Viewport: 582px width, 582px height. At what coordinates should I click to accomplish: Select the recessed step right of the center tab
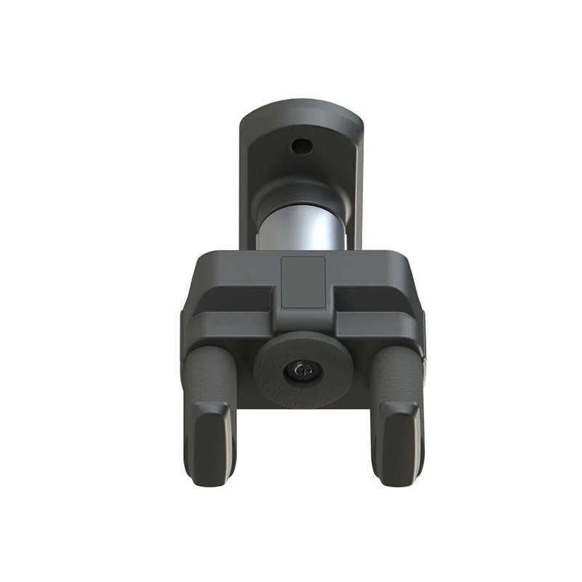[367, 298]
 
